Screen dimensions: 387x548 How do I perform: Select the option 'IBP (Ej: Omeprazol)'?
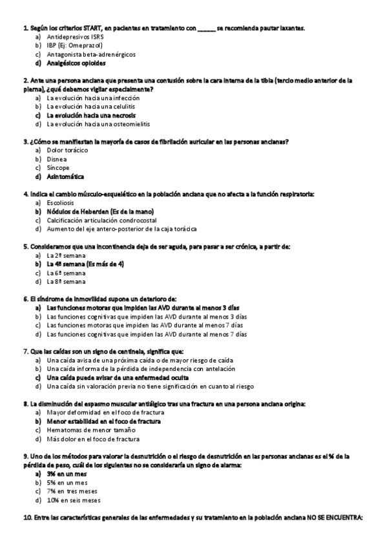[x=73, y=47]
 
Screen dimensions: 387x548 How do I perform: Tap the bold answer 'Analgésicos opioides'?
[x=76, y=63]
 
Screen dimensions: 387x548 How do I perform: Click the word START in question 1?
[x=101, y=28]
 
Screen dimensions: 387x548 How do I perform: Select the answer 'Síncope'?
[x=59, y=167]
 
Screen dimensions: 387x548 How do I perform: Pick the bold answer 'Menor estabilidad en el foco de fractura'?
[x=104, y=421]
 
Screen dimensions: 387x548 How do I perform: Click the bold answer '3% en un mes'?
[x=67, y=474]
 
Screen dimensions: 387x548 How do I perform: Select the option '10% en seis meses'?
[x=74, y=500]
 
